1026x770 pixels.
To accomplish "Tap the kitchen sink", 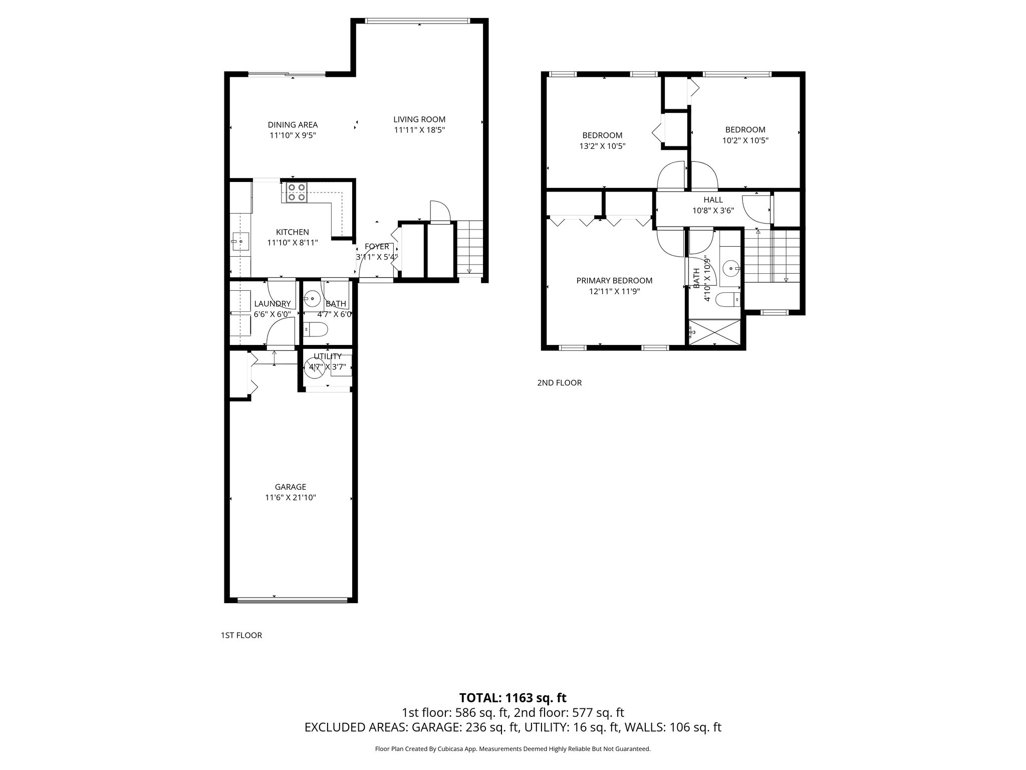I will [x=240, y=242].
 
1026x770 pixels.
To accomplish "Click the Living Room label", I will [x=419, y=119].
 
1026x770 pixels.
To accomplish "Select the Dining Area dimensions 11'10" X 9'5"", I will [x=293, y=135].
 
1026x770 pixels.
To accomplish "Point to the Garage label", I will [x=290, y=487].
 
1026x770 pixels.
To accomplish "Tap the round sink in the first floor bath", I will [x=313, y=299].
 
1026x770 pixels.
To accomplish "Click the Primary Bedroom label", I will [x=614, y=281].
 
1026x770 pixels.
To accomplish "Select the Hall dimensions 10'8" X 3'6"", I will [x=713, y=211].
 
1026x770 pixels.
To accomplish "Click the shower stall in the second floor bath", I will [x=714, y=332].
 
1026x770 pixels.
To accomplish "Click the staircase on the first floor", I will [x=470, y=248].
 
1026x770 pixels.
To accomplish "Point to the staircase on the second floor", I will [x=772, y=256].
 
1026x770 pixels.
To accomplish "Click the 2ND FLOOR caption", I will [x=559, y=383].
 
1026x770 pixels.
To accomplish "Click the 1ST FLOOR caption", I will [x=241, y=636].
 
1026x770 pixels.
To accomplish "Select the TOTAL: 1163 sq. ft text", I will [x=512, y=698].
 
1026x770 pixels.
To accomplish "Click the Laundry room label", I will [x=272, y=304].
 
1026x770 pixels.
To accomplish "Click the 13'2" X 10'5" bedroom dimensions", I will [x=602, y=146].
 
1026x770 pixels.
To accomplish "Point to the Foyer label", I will [x=377, y=247].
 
